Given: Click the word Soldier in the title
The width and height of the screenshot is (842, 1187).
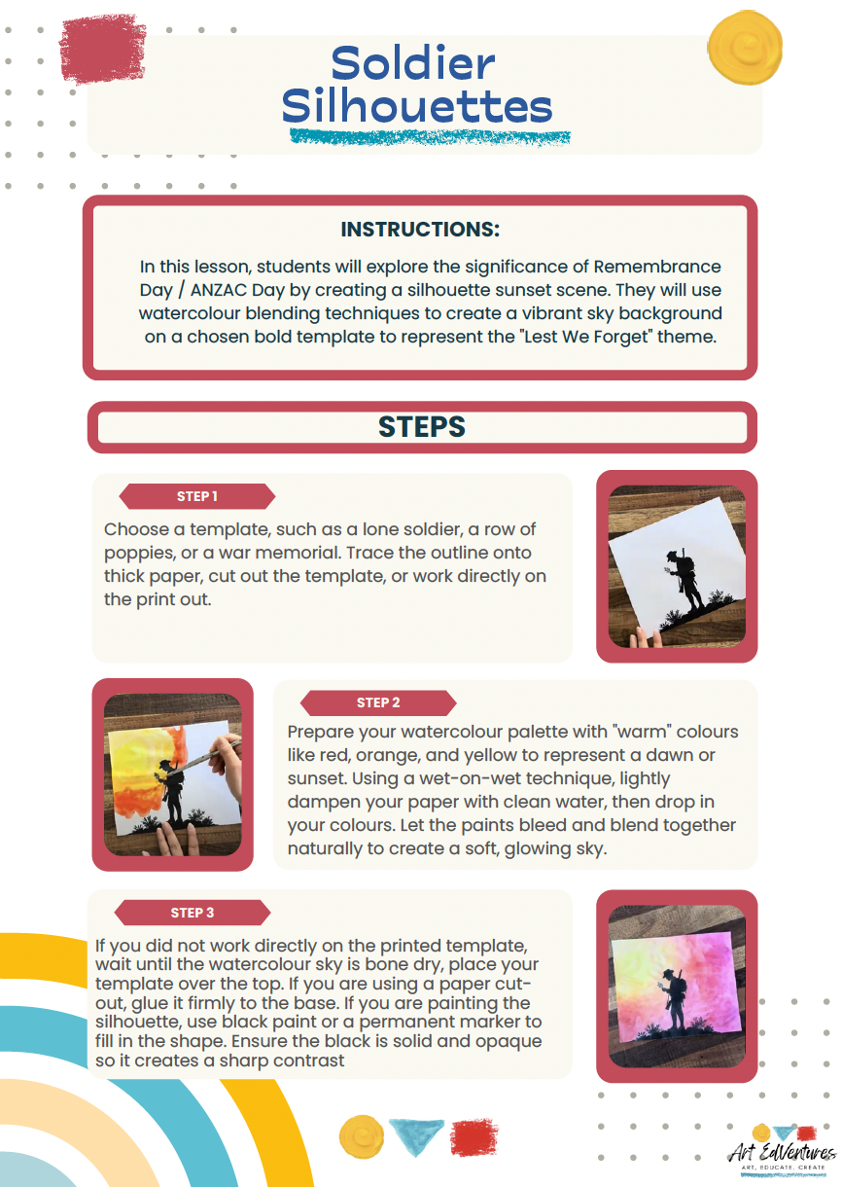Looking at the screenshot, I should tap(413, 64).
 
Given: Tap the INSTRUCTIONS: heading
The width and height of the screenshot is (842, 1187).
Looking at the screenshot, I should tap(420, 230).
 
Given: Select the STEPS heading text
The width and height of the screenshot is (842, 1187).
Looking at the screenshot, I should tap(421, 426).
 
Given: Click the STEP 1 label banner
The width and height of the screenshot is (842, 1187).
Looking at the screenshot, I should tap(196, 496).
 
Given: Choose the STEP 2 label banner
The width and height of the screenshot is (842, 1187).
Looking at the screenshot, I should tap(378, 702).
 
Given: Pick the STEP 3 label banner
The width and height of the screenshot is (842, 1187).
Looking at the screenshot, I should tap(192, 913).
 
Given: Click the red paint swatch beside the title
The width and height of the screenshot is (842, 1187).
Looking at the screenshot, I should tap(102, 48).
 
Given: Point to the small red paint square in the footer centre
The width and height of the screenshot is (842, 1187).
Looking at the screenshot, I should tap(474, 1136).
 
